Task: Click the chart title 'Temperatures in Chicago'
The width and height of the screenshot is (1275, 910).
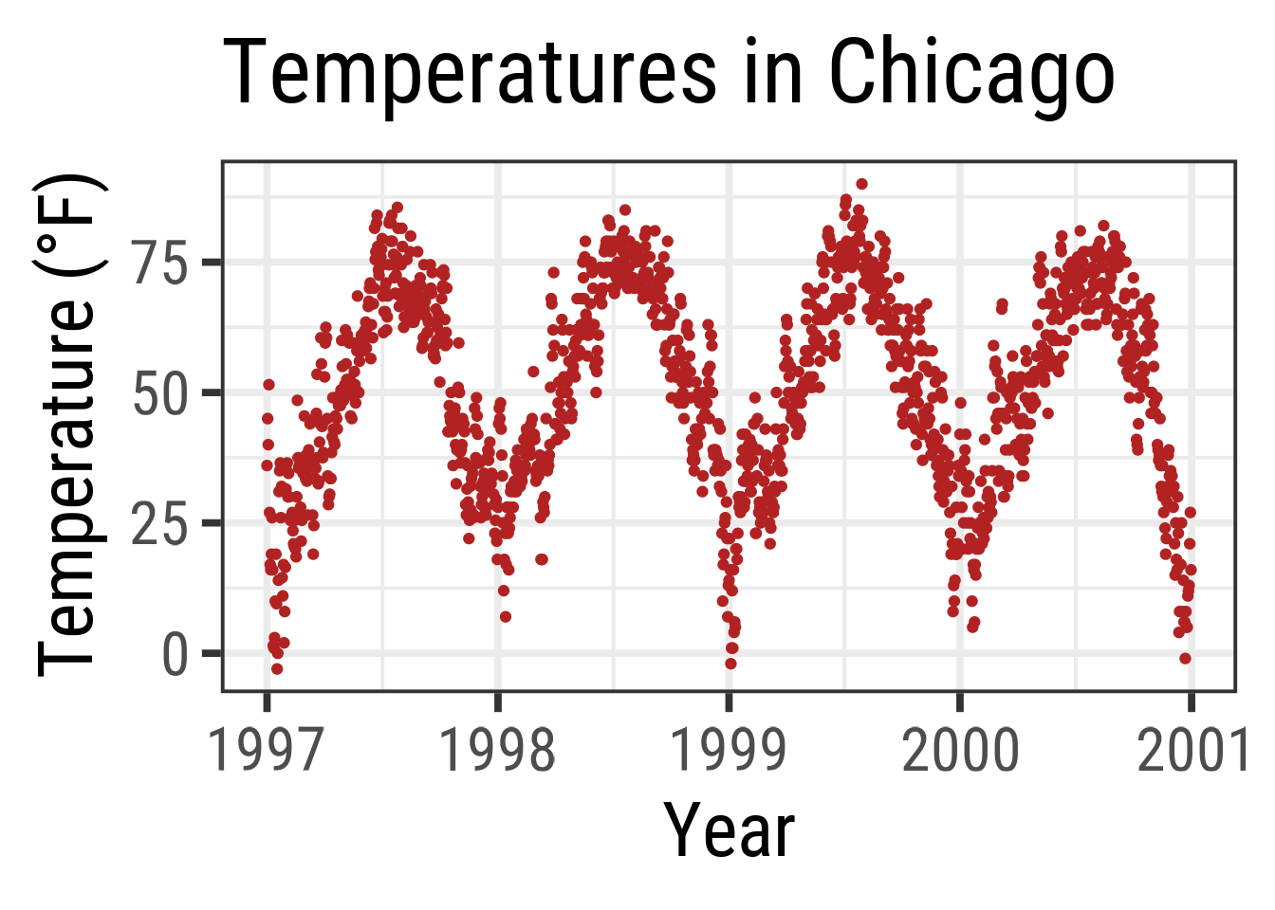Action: click(x=668, y=74)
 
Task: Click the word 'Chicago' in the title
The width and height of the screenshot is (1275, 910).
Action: click(x=971, y=74)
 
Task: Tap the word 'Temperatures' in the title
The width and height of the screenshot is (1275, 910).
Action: click(x=469, y=74)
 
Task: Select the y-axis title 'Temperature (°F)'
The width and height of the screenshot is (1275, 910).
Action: click(x=68, y=425)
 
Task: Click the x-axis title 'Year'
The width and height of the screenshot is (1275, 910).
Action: click(x=729, y=830)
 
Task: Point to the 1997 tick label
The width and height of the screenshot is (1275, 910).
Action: click(x=266, y=751)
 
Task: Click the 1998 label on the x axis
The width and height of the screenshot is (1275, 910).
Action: click(x=497, y=751)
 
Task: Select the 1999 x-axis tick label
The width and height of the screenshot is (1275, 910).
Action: click(x=729, y=751)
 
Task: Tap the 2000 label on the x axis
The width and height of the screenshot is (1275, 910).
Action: click(x=960, y=751)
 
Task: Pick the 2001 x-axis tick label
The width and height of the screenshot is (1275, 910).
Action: click(x=1192, y=751)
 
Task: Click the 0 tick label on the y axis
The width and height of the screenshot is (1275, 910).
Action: click(x=176, y=654)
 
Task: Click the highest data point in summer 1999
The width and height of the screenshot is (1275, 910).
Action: click(x=861, y=184)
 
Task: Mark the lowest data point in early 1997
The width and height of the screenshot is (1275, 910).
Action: click(x=277, y=668)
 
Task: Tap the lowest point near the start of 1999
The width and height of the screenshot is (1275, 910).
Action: click(x=730, y=664)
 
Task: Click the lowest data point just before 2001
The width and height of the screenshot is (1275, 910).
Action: click(x=1185, y=658)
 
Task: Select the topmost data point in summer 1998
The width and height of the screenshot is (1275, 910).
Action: click(x=624, y=209)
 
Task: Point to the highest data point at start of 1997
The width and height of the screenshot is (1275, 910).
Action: click(x=268, y=384)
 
